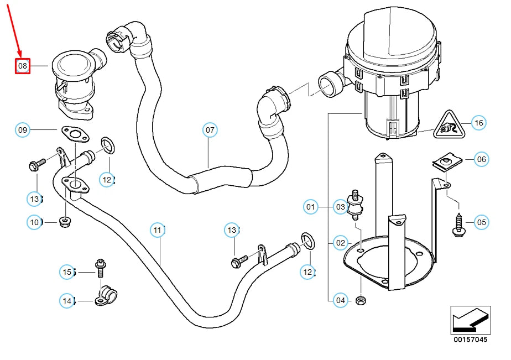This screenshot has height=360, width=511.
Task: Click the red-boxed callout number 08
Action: coord(22,66)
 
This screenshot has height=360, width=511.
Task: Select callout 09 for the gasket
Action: coord(22,131)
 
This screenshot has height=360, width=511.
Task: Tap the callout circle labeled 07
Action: coord(210,131)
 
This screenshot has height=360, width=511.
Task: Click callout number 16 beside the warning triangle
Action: coord(478,123)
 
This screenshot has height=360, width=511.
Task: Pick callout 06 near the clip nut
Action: coord(482,159)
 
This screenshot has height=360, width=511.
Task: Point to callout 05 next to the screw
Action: coord(482,222)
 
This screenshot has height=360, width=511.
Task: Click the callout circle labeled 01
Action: coord(311,207)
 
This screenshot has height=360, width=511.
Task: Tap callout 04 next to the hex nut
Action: coord(341,301)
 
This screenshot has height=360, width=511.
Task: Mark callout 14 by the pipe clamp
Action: coord(67,301)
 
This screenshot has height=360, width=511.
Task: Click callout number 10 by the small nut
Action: coord(34,222)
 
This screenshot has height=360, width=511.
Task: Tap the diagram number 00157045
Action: coord(471,340)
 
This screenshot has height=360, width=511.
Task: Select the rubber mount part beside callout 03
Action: coord(354,206)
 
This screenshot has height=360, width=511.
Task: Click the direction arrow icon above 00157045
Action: coord(470,320)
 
